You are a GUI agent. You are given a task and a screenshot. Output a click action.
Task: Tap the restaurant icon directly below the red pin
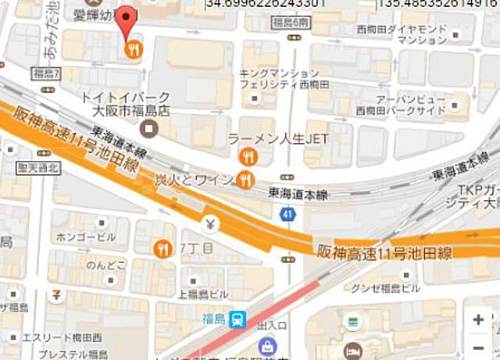[134, 49]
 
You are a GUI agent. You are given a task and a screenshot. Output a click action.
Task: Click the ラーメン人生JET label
[278, 139]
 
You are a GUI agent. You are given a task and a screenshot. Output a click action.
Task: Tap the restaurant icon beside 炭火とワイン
[245, 180]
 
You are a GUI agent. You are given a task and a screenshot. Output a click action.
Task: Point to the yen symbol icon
[211, 225]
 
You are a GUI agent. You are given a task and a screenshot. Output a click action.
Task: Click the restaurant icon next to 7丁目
[164, 248]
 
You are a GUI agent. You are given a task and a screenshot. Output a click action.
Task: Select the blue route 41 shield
[289, 213]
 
